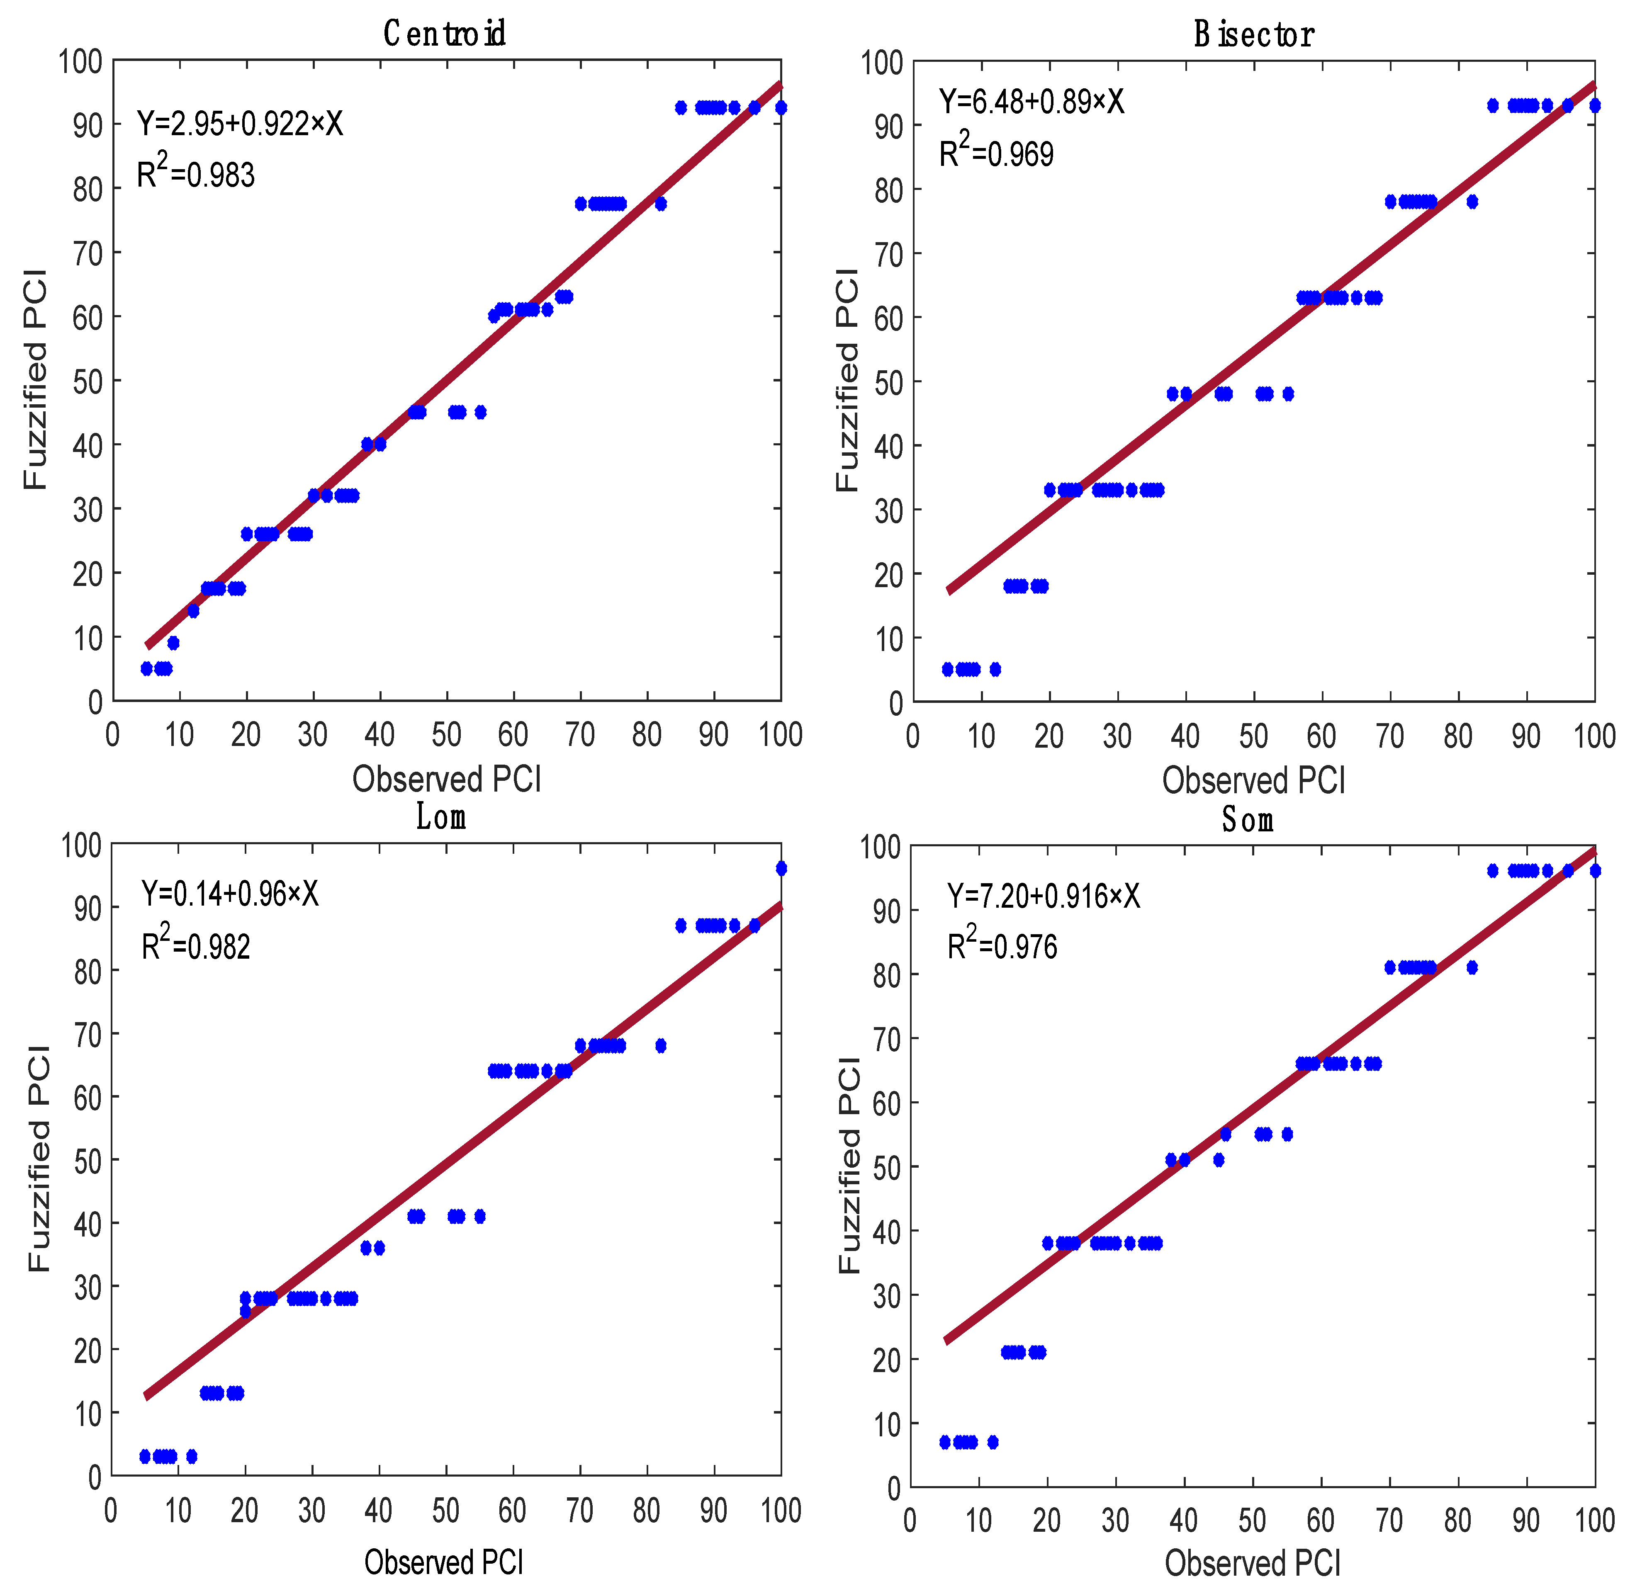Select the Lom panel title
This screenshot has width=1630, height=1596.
point(441,816)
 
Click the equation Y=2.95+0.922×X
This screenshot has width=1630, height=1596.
point(240,124)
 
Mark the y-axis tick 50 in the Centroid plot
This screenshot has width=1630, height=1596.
point(87,381)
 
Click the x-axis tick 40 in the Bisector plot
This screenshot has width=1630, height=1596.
point(1185,736)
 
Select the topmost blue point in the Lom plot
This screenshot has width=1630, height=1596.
point(781,868)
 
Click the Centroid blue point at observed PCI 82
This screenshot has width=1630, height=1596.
point(661,204)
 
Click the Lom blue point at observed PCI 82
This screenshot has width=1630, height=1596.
point(661,1045)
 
